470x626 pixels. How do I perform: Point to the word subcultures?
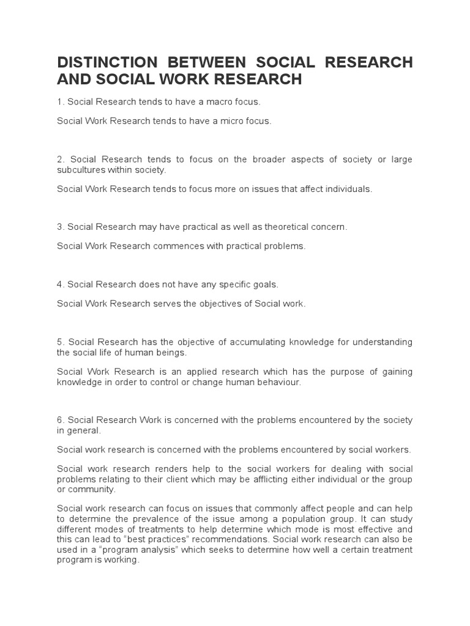tap(82, 170)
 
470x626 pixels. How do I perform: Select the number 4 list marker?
tap(61, 284)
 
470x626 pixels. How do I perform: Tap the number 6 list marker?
tap(61, 420)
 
